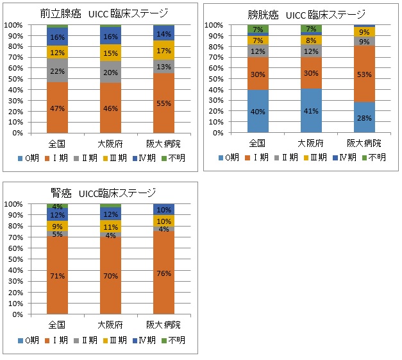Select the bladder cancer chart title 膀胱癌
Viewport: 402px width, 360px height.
click(262, 13)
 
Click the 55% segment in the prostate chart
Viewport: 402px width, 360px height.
click(164, 103)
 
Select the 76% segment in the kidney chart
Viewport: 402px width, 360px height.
click(164, 273)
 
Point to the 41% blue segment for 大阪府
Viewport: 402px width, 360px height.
click(312, 110)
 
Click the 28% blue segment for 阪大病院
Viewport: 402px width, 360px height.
click(365, 117)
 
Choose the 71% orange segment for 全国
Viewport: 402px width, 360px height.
click(57, 276)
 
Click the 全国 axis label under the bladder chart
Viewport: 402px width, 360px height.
click(258, 143)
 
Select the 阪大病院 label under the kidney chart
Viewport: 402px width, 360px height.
click(164, 325)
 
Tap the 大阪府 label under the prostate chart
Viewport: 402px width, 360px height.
click(110, 143)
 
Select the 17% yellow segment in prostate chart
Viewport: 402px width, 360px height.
click(164, 50)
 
